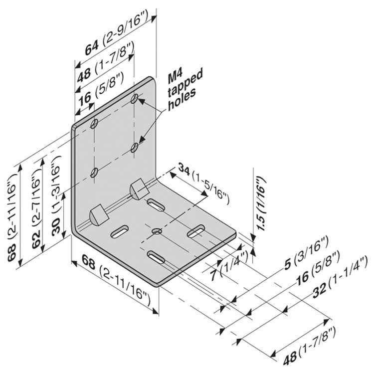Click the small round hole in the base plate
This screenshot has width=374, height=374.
point(157,231)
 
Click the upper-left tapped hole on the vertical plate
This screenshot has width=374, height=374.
point(94,123)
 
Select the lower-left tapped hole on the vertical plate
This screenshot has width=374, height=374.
point(94,173)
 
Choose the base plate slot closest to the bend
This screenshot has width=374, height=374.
point(157,204)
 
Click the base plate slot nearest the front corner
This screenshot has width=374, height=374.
point(157,257)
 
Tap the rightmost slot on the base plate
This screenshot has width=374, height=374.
point(197,230)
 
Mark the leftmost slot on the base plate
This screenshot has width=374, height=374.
point(119,230)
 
